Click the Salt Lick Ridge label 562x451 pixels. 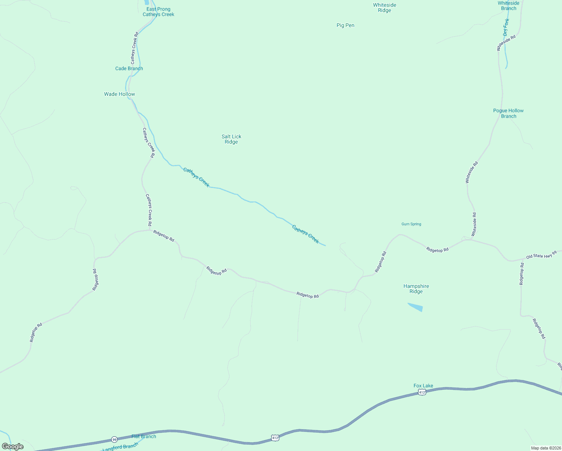point(231,139)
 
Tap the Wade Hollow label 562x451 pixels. point(119,94)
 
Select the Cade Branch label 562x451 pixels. point(129,68)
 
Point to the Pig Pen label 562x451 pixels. point(345,25)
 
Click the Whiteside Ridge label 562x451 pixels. point(384,8)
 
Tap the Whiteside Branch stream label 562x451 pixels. point(508,6)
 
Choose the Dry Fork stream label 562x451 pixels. point(506,27)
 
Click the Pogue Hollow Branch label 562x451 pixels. point(508,113)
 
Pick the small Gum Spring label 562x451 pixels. point(411,224)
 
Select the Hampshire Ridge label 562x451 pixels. point(416,289)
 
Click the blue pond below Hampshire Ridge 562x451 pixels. point(416,307)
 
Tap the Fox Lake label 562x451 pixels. point(423,386)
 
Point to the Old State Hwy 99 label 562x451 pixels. point(541,255)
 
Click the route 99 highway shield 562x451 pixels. point(114,439)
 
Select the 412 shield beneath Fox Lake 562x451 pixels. point(422,392)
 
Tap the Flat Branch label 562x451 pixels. point(144,436)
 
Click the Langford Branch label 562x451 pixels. point(120,447)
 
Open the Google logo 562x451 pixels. point(12,446)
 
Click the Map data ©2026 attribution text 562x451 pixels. point(545,448)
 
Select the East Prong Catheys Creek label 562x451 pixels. point(158,12)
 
